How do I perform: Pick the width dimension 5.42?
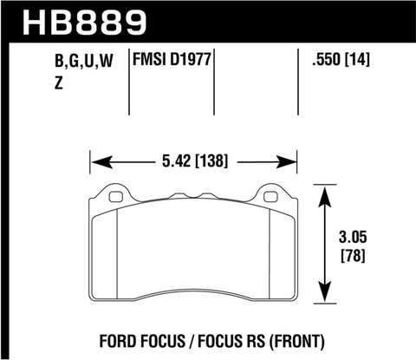coord(176,160)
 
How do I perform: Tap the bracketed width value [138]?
coord(217,160)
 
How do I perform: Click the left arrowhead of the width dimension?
coord(98,160)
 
